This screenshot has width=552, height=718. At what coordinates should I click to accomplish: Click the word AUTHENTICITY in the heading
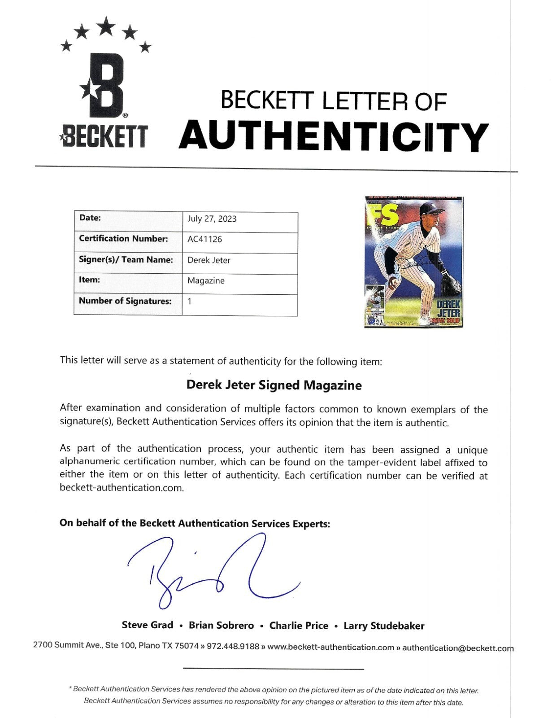[334, 136]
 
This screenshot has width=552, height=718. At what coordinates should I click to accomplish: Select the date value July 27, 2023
[212, 219]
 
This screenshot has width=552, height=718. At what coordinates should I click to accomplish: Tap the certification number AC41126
[204, 239]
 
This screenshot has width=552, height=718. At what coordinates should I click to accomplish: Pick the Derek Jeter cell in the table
[209, 260]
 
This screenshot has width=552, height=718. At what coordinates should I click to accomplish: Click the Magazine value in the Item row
[206, 281]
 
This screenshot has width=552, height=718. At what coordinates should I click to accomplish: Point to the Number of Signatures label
[125, 301]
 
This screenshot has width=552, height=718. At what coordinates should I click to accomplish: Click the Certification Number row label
[123, 239]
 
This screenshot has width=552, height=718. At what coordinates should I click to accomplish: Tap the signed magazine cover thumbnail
[414, 261]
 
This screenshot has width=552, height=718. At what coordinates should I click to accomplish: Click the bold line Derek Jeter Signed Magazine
[274, 385]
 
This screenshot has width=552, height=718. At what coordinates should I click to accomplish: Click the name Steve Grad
[147, 625]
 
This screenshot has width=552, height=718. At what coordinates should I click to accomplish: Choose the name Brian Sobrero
[221, 625]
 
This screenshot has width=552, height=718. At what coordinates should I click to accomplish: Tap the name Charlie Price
[299, 625]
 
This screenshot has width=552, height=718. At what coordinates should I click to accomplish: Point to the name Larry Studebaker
[384, 626]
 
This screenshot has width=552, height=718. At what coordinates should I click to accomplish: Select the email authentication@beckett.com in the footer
[458, 648]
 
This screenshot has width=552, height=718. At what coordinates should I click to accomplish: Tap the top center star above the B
[106, 26]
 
